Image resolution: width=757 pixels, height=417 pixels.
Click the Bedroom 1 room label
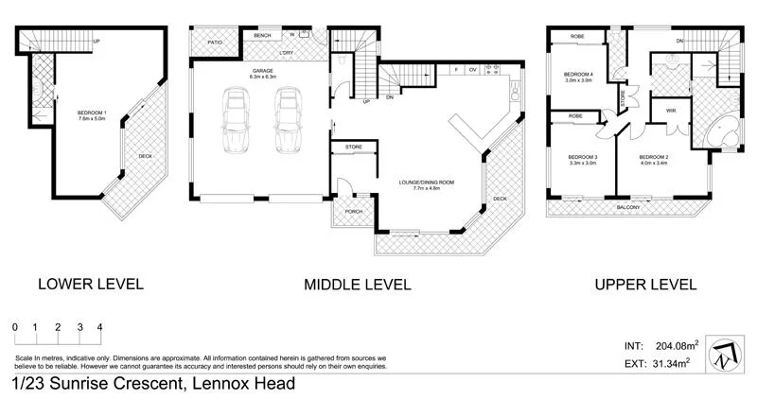(92, 116)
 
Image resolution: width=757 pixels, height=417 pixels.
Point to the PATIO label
(215, 42)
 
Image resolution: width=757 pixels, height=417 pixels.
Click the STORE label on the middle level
(354, 148)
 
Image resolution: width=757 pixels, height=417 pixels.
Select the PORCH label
(354, 211)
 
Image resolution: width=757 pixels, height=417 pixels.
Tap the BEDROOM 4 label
(577, 77)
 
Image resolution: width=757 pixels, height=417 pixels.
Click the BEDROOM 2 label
(653, 160)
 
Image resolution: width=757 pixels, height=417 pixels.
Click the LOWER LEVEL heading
(90, 284)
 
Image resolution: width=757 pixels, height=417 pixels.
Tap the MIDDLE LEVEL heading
(357, 284)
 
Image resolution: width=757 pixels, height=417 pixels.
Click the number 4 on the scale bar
(99, 328)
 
